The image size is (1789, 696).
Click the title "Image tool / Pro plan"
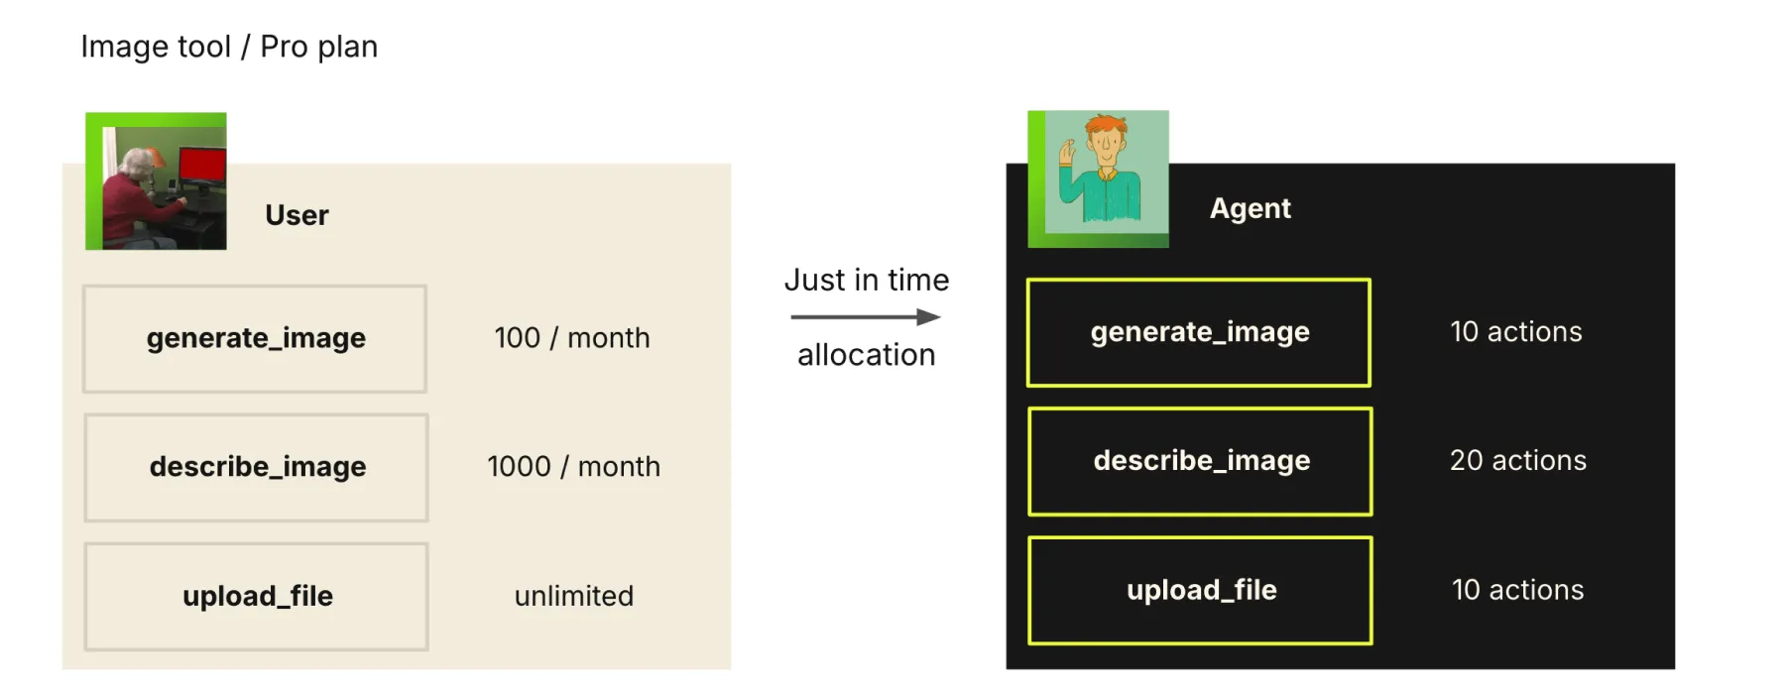pyautogui.click(x=229, y=47)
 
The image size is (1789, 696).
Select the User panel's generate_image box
pyautogui.click(x=255, y=338)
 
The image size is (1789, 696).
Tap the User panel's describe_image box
pyautogui.click(x=257, y=467)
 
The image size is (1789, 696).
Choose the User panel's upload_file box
pyautogui.click(x=257, y=596)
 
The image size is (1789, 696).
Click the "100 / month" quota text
pyautogui.click(x=572, y=338)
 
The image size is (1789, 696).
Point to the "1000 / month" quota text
pyautogui.click(x=573, y=467)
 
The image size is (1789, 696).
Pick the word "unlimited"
pyautogui.click(x=573, y=596)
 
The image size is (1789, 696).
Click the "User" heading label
pyautogui.click(x=297, y=215)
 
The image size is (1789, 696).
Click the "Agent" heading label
pyautogui.click(x=1250, y=208)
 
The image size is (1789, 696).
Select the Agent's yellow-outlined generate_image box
pyautogui.click(x=1199, y=332)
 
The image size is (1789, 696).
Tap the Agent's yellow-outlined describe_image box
pyautogui.click(x=1200, y=461)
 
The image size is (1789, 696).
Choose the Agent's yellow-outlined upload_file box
pyautogui.click(x=1200, y=590)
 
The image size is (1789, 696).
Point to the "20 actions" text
pyautogui.click(x=1517, y=461)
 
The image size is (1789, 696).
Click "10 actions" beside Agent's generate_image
pyautogui.click(x=1515, y=332)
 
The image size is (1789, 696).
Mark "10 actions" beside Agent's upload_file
pyautogui.click(x=1517, y=590)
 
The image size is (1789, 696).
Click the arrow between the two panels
pyautogui.click(x=866, y=317)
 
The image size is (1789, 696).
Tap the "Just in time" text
pyautogui.click(x=866, y=281)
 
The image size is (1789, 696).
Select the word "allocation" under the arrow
pyautogui.click(x=866, y=355)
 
